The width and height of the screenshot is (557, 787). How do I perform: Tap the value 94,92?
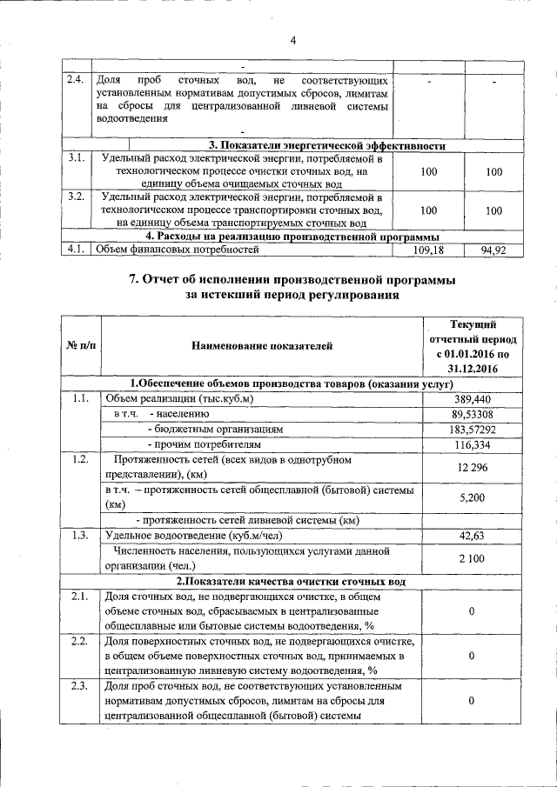493,250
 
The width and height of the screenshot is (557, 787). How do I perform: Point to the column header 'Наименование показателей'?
262,346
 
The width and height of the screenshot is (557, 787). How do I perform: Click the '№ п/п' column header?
82,346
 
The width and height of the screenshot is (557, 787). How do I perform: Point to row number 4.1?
75,250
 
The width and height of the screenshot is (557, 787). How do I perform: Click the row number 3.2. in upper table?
75,197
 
